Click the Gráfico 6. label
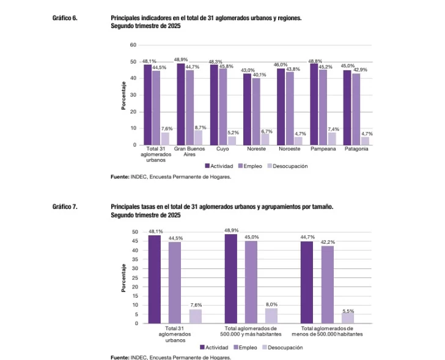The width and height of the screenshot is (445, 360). [65, 18]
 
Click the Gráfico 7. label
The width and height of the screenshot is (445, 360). [65, 208]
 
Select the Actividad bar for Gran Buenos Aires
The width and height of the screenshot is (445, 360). [181, 104]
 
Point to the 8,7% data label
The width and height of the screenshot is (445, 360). [200, 127]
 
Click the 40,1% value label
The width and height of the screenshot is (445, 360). [259, 75]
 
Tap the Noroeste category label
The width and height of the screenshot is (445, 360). [289, 149]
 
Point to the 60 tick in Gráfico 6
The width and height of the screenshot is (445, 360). [133, 45]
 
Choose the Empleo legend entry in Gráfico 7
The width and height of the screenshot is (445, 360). [245, 347]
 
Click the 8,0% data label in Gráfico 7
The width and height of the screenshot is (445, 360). [271, 304]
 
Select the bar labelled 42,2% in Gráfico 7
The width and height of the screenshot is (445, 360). [327, 284]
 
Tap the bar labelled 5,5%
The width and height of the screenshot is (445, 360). [347, 318]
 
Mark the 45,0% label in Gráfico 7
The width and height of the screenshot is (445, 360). [251, 237]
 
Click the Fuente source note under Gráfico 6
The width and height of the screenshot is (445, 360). [171, 177]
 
